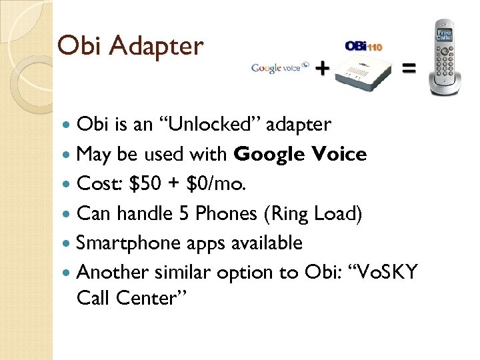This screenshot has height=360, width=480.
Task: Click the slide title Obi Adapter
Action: click(x=130, y=46)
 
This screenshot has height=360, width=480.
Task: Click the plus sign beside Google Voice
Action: click(x=322, y=67)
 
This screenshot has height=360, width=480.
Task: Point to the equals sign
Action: click(x=409, y=67)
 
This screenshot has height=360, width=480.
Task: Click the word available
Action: click(x=265, y=243)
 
